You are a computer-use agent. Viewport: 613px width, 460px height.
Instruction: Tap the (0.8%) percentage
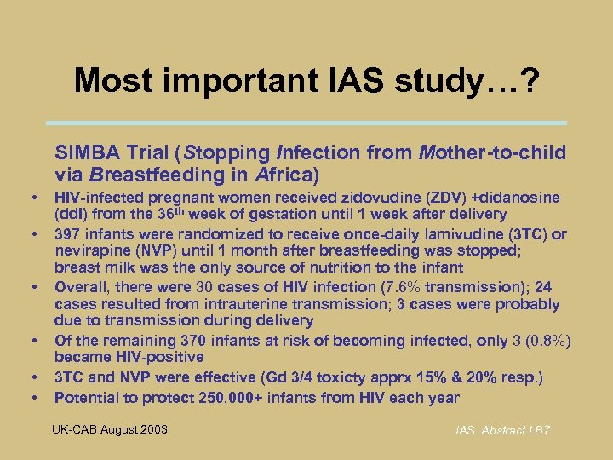tap(545, 341)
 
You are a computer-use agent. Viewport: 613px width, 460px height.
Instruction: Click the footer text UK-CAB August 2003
tap(111, 428)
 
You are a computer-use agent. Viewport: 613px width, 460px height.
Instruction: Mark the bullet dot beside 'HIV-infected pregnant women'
tap(33, 198)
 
